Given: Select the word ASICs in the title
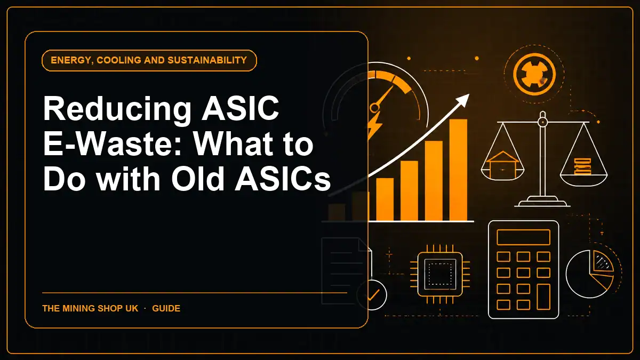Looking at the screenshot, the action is pos(283,179).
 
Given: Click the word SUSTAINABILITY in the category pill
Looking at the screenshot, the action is pos(207,60).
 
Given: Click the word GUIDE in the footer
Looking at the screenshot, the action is pos(166,309).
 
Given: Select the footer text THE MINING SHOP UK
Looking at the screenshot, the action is pos(90,309).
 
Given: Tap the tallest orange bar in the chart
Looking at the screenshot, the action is pos(458,170).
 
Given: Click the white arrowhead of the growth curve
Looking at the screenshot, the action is pos(462,100).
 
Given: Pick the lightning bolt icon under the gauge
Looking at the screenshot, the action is pos(374,125).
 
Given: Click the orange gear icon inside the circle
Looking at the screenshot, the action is pos(534,75).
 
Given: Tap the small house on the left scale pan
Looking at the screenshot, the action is pos(502,165).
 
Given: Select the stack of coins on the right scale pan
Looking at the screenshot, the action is pos(582,166).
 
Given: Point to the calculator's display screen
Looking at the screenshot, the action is pos(523,237).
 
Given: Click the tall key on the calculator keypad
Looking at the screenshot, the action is pos(543,297).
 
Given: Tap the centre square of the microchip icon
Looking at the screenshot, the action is pos(440,274).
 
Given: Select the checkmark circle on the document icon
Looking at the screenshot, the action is pos(372,295).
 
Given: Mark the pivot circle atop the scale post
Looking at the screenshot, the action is pos(542,122).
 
